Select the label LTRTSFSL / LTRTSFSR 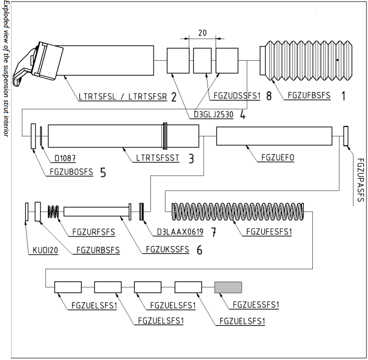[x=123, y=96]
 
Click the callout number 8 [x=268, y=96]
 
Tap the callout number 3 [x=191, y=159]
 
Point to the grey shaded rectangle [x=228, y=287]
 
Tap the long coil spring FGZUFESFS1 [x=238, y=212]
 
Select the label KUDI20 [x=43, y=249]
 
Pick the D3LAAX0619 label [x=179, y=232]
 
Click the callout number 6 [x=199, y=250]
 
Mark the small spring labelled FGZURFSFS [x=53, y=212]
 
